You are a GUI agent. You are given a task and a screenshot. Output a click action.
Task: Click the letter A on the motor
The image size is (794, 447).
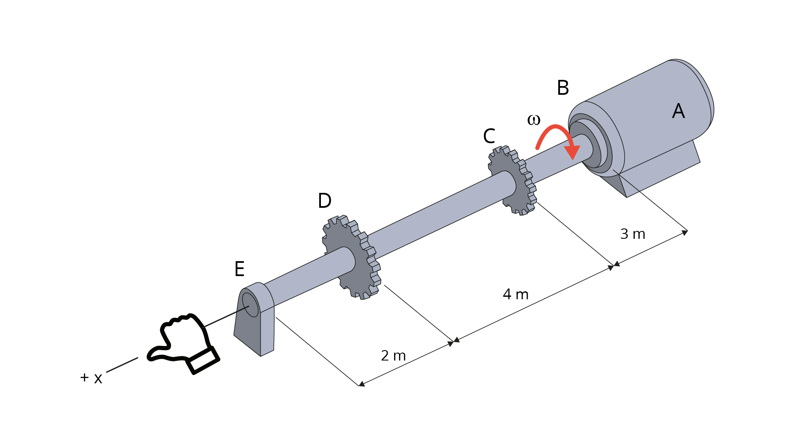click(678, 111)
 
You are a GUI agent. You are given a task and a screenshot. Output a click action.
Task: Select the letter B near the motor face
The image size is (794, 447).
click(563, 88)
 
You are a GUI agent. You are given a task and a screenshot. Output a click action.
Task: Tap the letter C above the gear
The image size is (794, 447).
click(489, 136)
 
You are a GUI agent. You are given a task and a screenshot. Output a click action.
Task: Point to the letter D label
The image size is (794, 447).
click(325, 201)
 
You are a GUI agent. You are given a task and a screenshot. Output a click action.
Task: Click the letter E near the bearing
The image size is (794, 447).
click(239, 269)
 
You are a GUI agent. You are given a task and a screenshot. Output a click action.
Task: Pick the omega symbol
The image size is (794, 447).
click(533, 120)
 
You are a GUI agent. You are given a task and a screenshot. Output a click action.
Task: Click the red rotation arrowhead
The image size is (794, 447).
click(572, 152)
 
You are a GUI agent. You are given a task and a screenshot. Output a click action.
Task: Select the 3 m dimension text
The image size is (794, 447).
click(633, 234)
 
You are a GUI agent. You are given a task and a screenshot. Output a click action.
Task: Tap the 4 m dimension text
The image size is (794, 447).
click(516, 294)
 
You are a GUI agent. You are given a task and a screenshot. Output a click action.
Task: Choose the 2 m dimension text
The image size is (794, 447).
click(393, 356)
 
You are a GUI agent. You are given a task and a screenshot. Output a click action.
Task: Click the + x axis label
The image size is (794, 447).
click(91, 377)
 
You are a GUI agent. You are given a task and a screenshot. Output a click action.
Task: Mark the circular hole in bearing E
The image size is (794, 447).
click(250, 305)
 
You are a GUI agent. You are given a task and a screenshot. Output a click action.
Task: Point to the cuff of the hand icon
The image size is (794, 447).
click(203, 360)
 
